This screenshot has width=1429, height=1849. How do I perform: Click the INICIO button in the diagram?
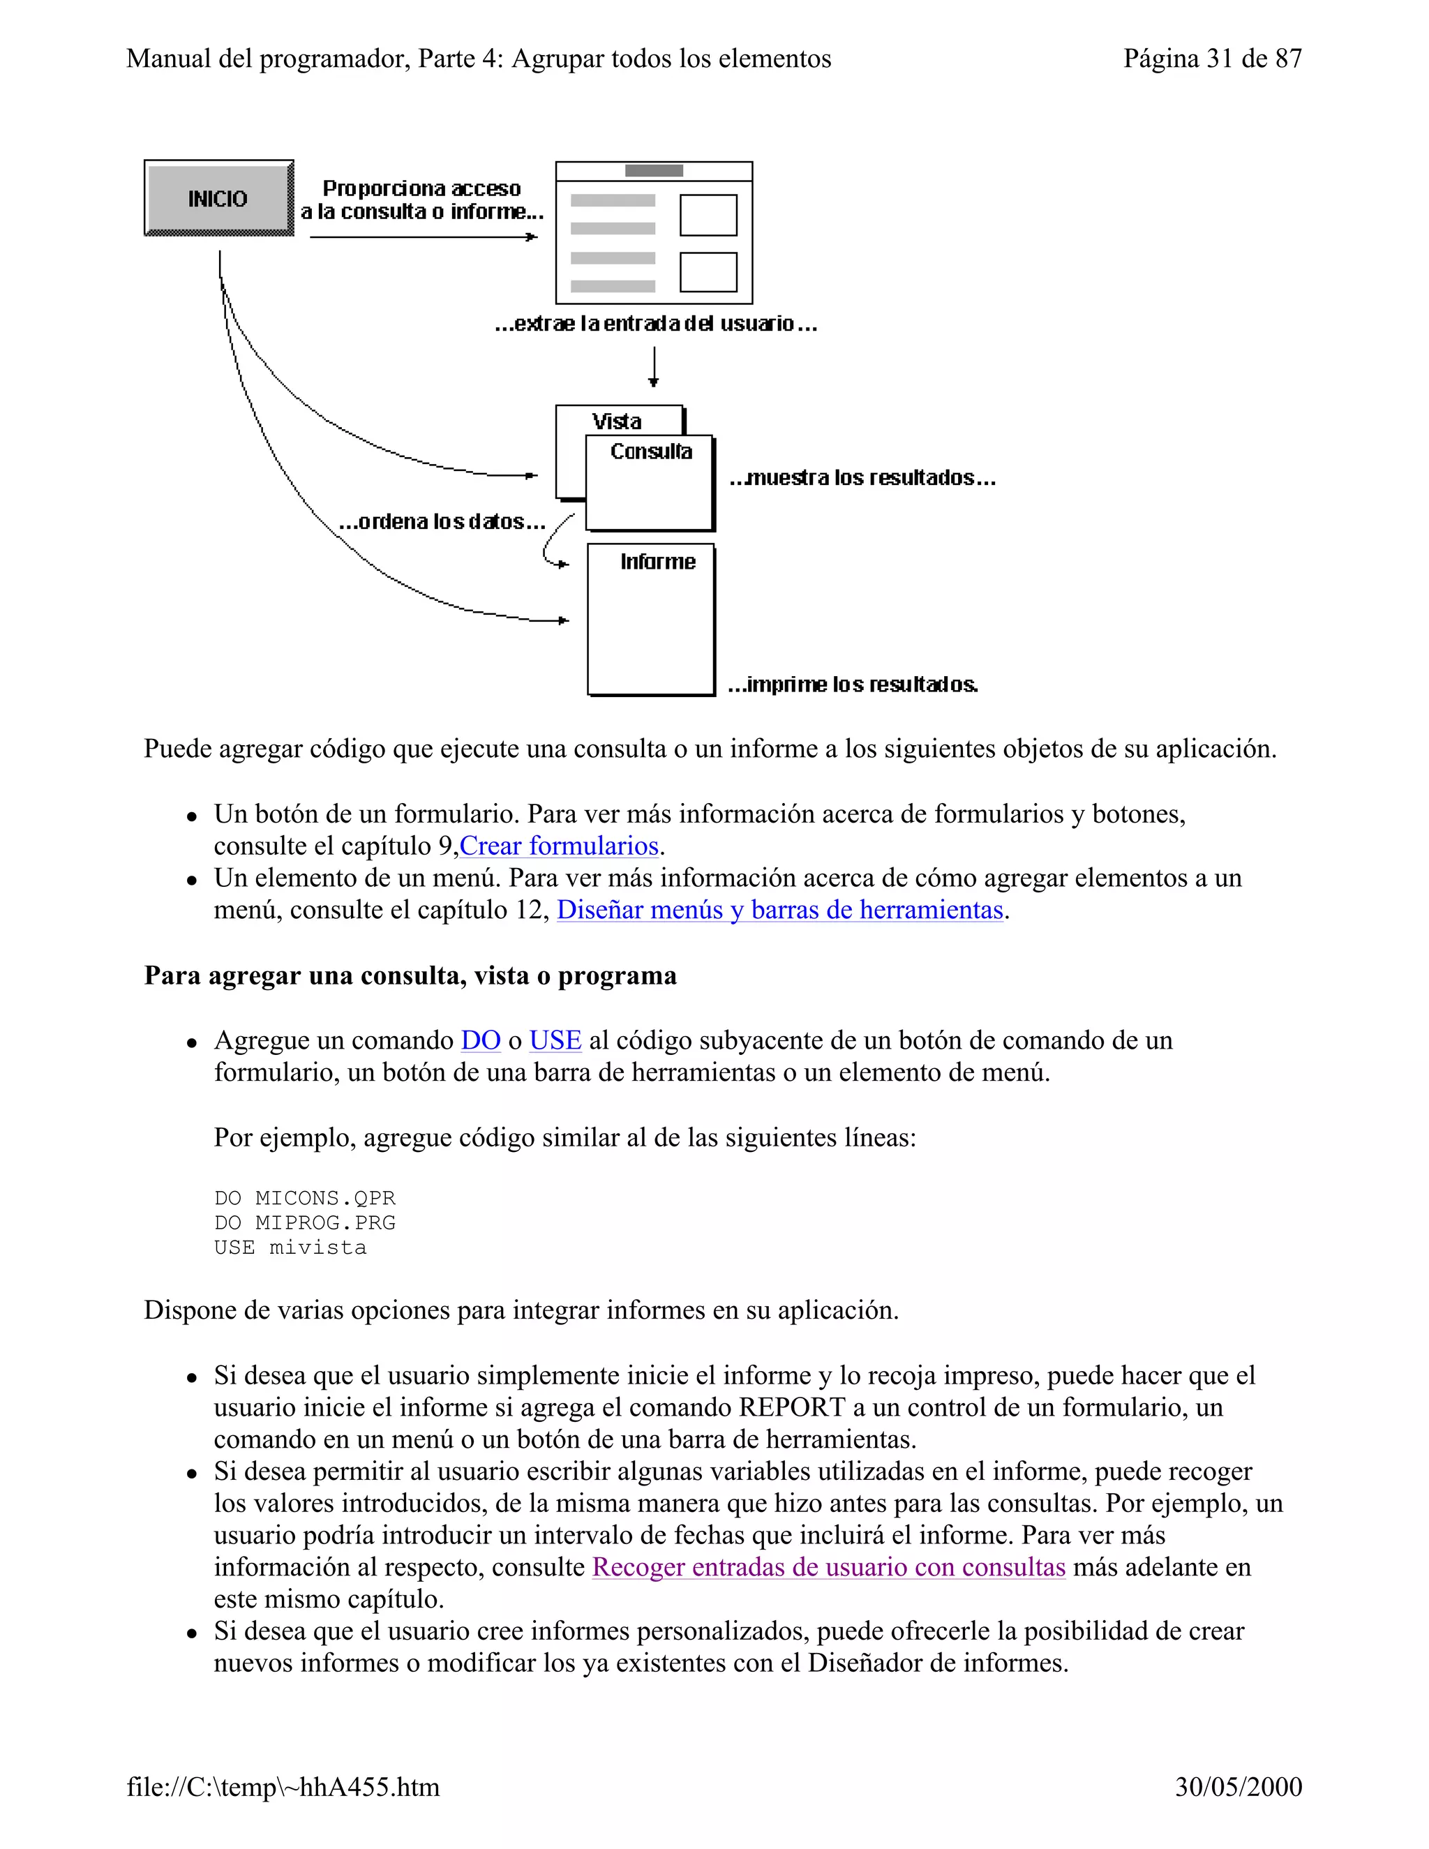218,198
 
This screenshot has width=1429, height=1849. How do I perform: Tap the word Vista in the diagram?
616,421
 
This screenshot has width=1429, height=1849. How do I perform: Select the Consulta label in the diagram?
651,451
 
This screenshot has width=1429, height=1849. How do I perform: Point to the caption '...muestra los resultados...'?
862,477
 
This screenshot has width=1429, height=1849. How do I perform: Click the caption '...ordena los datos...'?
441,521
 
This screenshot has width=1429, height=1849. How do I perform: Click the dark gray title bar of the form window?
654,171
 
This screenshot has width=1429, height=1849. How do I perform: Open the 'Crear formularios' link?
559,846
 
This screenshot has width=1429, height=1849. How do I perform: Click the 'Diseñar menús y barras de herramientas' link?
779,909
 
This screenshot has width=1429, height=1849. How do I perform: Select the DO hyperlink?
480,1040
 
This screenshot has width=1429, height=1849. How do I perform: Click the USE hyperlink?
555,1040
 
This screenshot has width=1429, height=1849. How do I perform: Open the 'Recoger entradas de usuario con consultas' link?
828,1566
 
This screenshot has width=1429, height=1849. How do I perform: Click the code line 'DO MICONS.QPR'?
305,1198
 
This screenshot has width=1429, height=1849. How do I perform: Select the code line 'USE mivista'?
290,1247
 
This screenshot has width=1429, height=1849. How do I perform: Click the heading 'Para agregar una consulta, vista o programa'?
410,975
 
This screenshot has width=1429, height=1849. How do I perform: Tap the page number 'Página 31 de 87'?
1211,59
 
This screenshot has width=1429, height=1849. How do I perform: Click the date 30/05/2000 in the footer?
1238,1786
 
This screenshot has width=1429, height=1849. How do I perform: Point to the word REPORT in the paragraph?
791,1407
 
